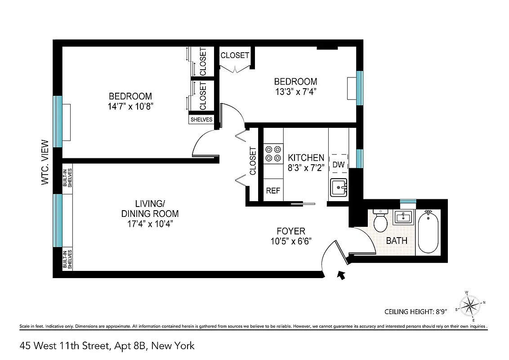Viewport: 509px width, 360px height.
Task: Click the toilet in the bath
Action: pos(381,220)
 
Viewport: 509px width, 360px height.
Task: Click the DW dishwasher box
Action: pos(339,164)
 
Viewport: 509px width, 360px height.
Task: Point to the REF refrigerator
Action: pos(273,190)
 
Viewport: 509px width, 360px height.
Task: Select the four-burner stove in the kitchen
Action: pos(273,153)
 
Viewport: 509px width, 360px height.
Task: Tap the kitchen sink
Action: pos(339,187)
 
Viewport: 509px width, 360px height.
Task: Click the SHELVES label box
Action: pos(201,120)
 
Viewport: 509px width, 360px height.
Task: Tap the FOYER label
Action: pos(290,231)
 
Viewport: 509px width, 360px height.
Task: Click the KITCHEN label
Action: pos(306,157)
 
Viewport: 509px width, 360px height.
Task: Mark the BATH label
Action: pos(397,240)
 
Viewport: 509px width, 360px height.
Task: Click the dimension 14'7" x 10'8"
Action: pos(130,106)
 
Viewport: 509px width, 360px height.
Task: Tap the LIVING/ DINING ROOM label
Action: pos(150,209)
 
